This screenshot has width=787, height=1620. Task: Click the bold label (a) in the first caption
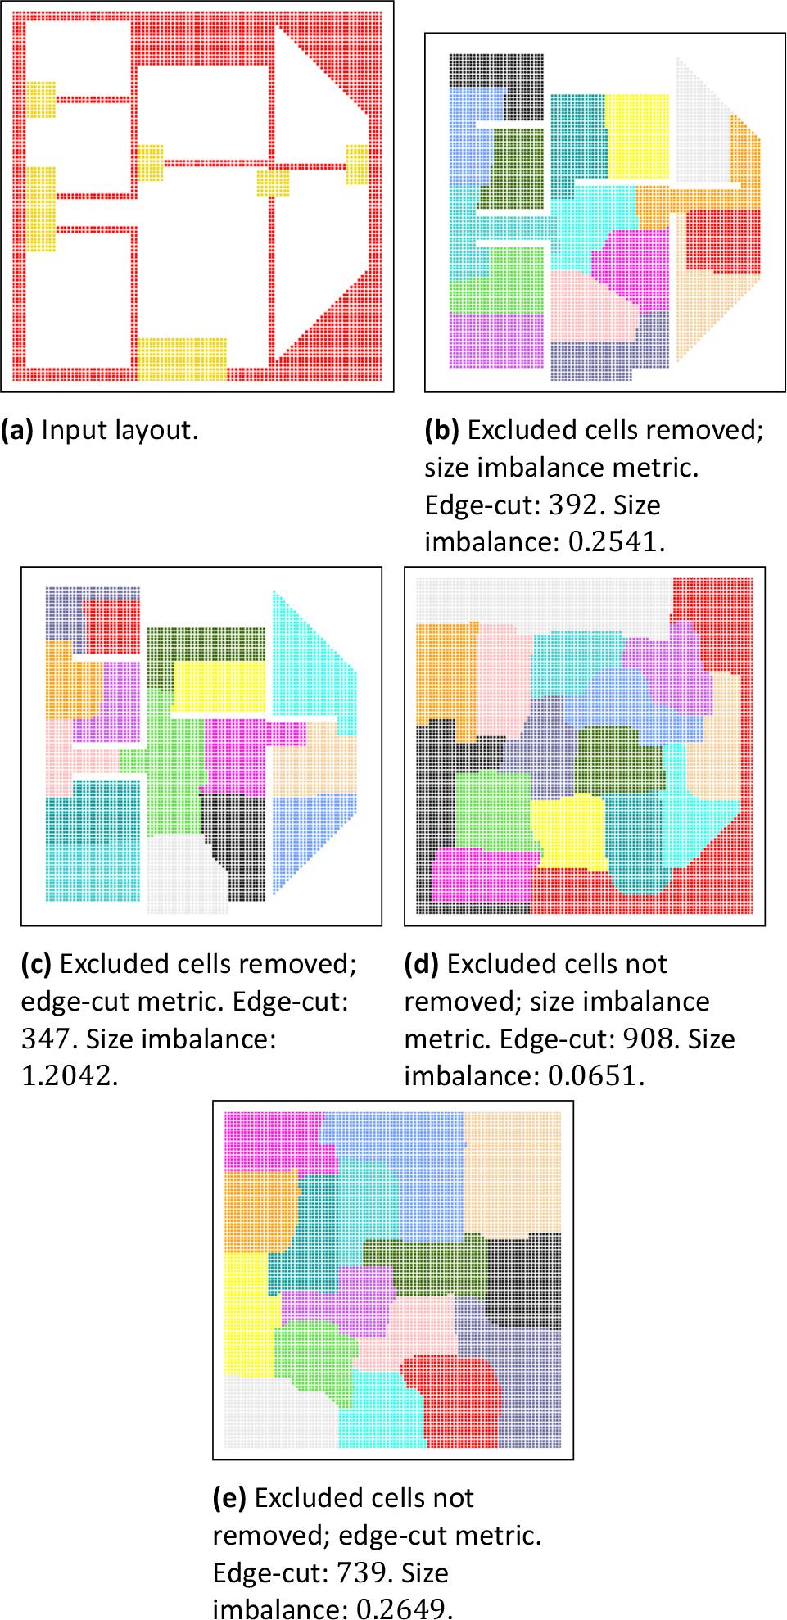[17, 430]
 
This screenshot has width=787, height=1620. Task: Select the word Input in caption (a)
[66, 430]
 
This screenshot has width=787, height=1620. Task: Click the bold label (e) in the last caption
[229, 1498]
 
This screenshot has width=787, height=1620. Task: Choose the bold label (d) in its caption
[422, 964]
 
